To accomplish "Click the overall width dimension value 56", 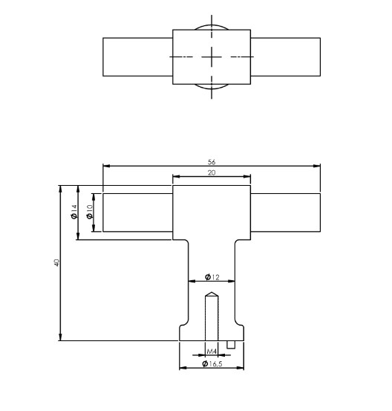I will click(211, 161).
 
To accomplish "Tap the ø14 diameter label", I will click(73, 213).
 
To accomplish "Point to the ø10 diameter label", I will click(88, 213).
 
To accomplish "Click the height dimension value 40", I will click(56, 263).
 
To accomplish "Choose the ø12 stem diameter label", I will click(212, 277).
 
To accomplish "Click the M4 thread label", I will click(212, 351).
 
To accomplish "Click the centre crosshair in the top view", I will click(212, 57).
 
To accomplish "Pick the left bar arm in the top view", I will click(137, 57).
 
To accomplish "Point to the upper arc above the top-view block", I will click(212, 27).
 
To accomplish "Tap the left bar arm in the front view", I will click(137, 213).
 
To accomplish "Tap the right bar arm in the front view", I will click(285, 213).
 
